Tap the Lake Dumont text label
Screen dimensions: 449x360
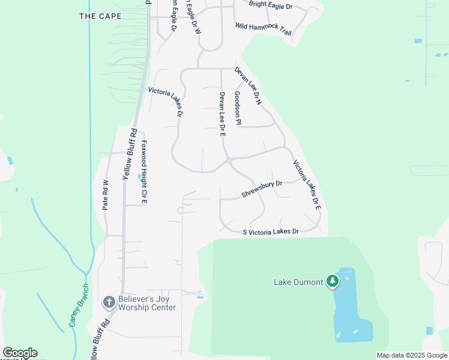[298, 281]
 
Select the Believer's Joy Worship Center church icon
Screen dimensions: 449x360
[109, 301]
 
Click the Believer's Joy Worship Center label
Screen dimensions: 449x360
[146, 303]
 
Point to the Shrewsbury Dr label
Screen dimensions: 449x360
[262, 190]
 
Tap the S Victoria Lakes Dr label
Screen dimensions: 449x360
[271, 232]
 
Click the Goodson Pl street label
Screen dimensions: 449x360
[238, 108]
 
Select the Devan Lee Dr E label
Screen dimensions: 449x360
[222, 114]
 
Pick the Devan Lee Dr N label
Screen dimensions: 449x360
[249, 86]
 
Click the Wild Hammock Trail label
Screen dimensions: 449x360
[264, 29]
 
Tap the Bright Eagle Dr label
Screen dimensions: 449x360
[270, 6]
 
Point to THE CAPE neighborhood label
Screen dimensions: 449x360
[100, 16]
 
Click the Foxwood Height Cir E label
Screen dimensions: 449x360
[144, 172]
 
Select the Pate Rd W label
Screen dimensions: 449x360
[106, 195]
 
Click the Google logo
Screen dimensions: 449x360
[20, 353]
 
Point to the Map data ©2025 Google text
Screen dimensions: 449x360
[411, 355]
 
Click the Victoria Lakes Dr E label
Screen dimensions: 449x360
[307, 185]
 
